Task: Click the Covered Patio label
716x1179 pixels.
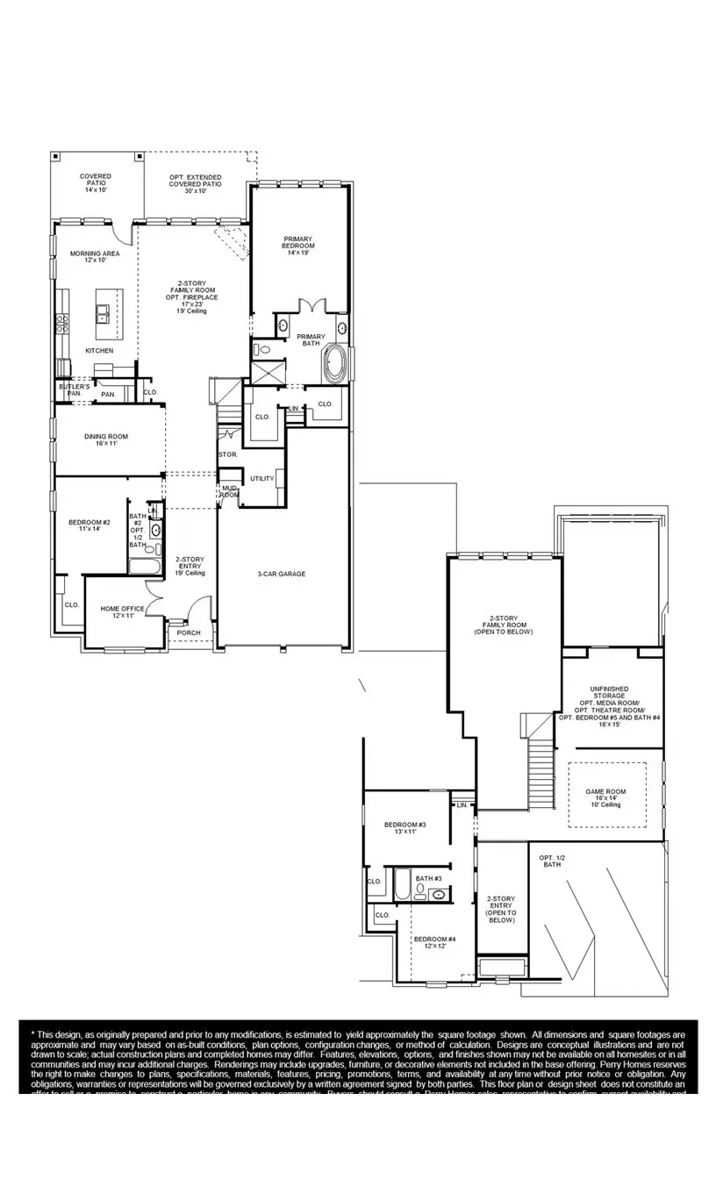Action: pyautogui.click(x=95, y=182)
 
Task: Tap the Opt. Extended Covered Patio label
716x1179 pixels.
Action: pyautogui.click(x=195, y=182)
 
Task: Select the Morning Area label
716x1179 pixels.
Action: pyautogui.click(x=95, y=256)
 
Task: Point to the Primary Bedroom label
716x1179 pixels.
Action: pyautogui.click(x=297, y=245)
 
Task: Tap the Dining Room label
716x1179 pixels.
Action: pyautogui.click(x=106, y=439)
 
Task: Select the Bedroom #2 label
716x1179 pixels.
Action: pyautogui.click(x=89, y=525)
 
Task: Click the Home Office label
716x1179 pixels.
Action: pyautogui.click(x=122, y=611)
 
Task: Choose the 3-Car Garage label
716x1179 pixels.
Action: pyautogui.click(x=281, y=575)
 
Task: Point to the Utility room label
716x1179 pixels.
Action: pyautogui.click(x=261, y=478)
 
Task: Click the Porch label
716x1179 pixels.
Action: pyautogui.click(x=189, y=632)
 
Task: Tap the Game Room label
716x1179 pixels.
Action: pyautogui.click(x=605, y=797)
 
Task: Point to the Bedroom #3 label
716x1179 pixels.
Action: pyautogui.click(x=405, y=827)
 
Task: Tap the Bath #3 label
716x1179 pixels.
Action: pyautogui.click(x=428, y=878)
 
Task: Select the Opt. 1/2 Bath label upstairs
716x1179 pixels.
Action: pyautogui.click(x=551, y=861)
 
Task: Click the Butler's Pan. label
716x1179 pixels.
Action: pyautogui.click(x=75, y=389)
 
